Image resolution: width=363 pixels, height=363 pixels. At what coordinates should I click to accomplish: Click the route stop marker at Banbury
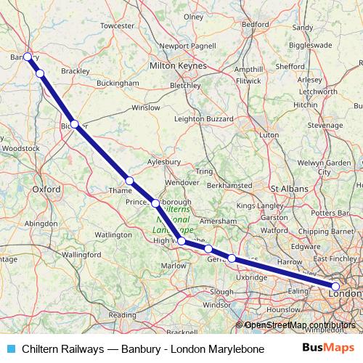tap(27, 57)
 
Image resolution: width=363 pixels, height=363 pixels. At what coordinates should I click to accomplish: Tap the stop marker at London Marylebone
tap(335, 287)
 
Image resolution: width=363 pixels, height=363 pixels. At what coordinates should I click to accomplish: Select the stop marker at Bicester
tap(74, 124)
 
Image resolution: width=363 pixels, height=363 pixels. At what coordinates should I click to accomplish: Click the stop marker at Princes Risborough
tap(155, 203)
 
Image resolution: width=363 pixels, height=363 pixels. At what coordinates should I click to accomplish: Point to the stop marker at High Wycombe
tap(181, 241)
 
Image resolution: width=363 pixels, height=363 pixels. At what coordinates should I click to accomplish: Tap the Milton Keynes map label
tap(177, 66)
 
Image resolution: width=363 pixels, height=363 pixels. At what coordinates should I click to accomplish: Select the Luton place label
tap(269, 134)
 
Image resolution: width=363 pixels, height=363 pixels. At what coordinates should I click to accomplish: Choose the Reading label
tap(122, 315)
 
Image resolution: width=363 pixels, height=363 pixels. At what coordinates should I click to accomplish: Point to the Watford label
tap(274, 230)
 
